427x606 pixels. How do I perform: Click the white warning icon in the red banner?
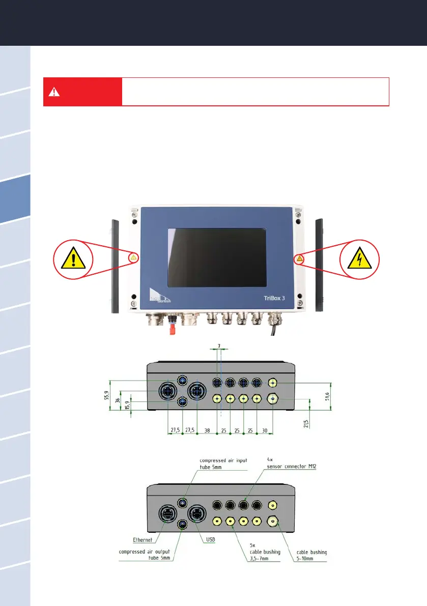(54, 92)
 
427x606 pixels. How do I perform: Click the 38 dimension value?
(207, 430)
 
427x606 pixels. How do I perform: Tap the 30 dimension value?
(265, 430)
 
